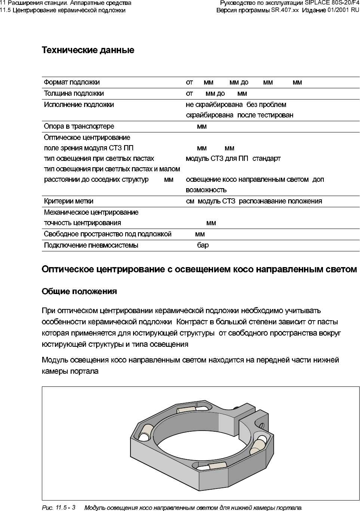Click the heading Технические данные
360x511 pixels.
[x=88, y=50]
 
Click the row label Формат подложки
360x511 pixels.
[x=72, y=82]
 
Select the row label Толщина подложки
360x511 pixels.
[x=74, y=94]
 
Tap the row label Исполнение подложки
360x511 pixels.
[x=79, y=105]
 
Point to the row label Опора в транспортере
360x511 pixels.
[x=79, y=126]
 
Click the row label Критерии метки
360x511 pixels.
[x=68, y=201]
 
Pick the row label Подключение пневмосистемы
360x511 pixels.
[x=91, y=245]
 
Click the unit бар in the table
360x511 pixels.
[x=203, y=245]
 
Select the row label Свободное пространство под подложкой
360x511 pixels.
[x=108, y=234]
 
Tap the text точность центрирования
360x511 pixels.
[x=82, y=223]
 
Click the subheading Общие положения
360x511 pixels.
[x=79, y=291]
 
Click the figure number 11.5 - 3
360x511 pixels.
[x=65, y=508]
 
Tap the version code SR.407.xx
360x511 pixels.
[x=285, y=10]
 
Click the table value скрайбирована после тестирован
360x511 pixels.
[x=239, y=115]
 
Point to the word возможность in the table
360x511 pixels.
[x=206, y=190]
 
